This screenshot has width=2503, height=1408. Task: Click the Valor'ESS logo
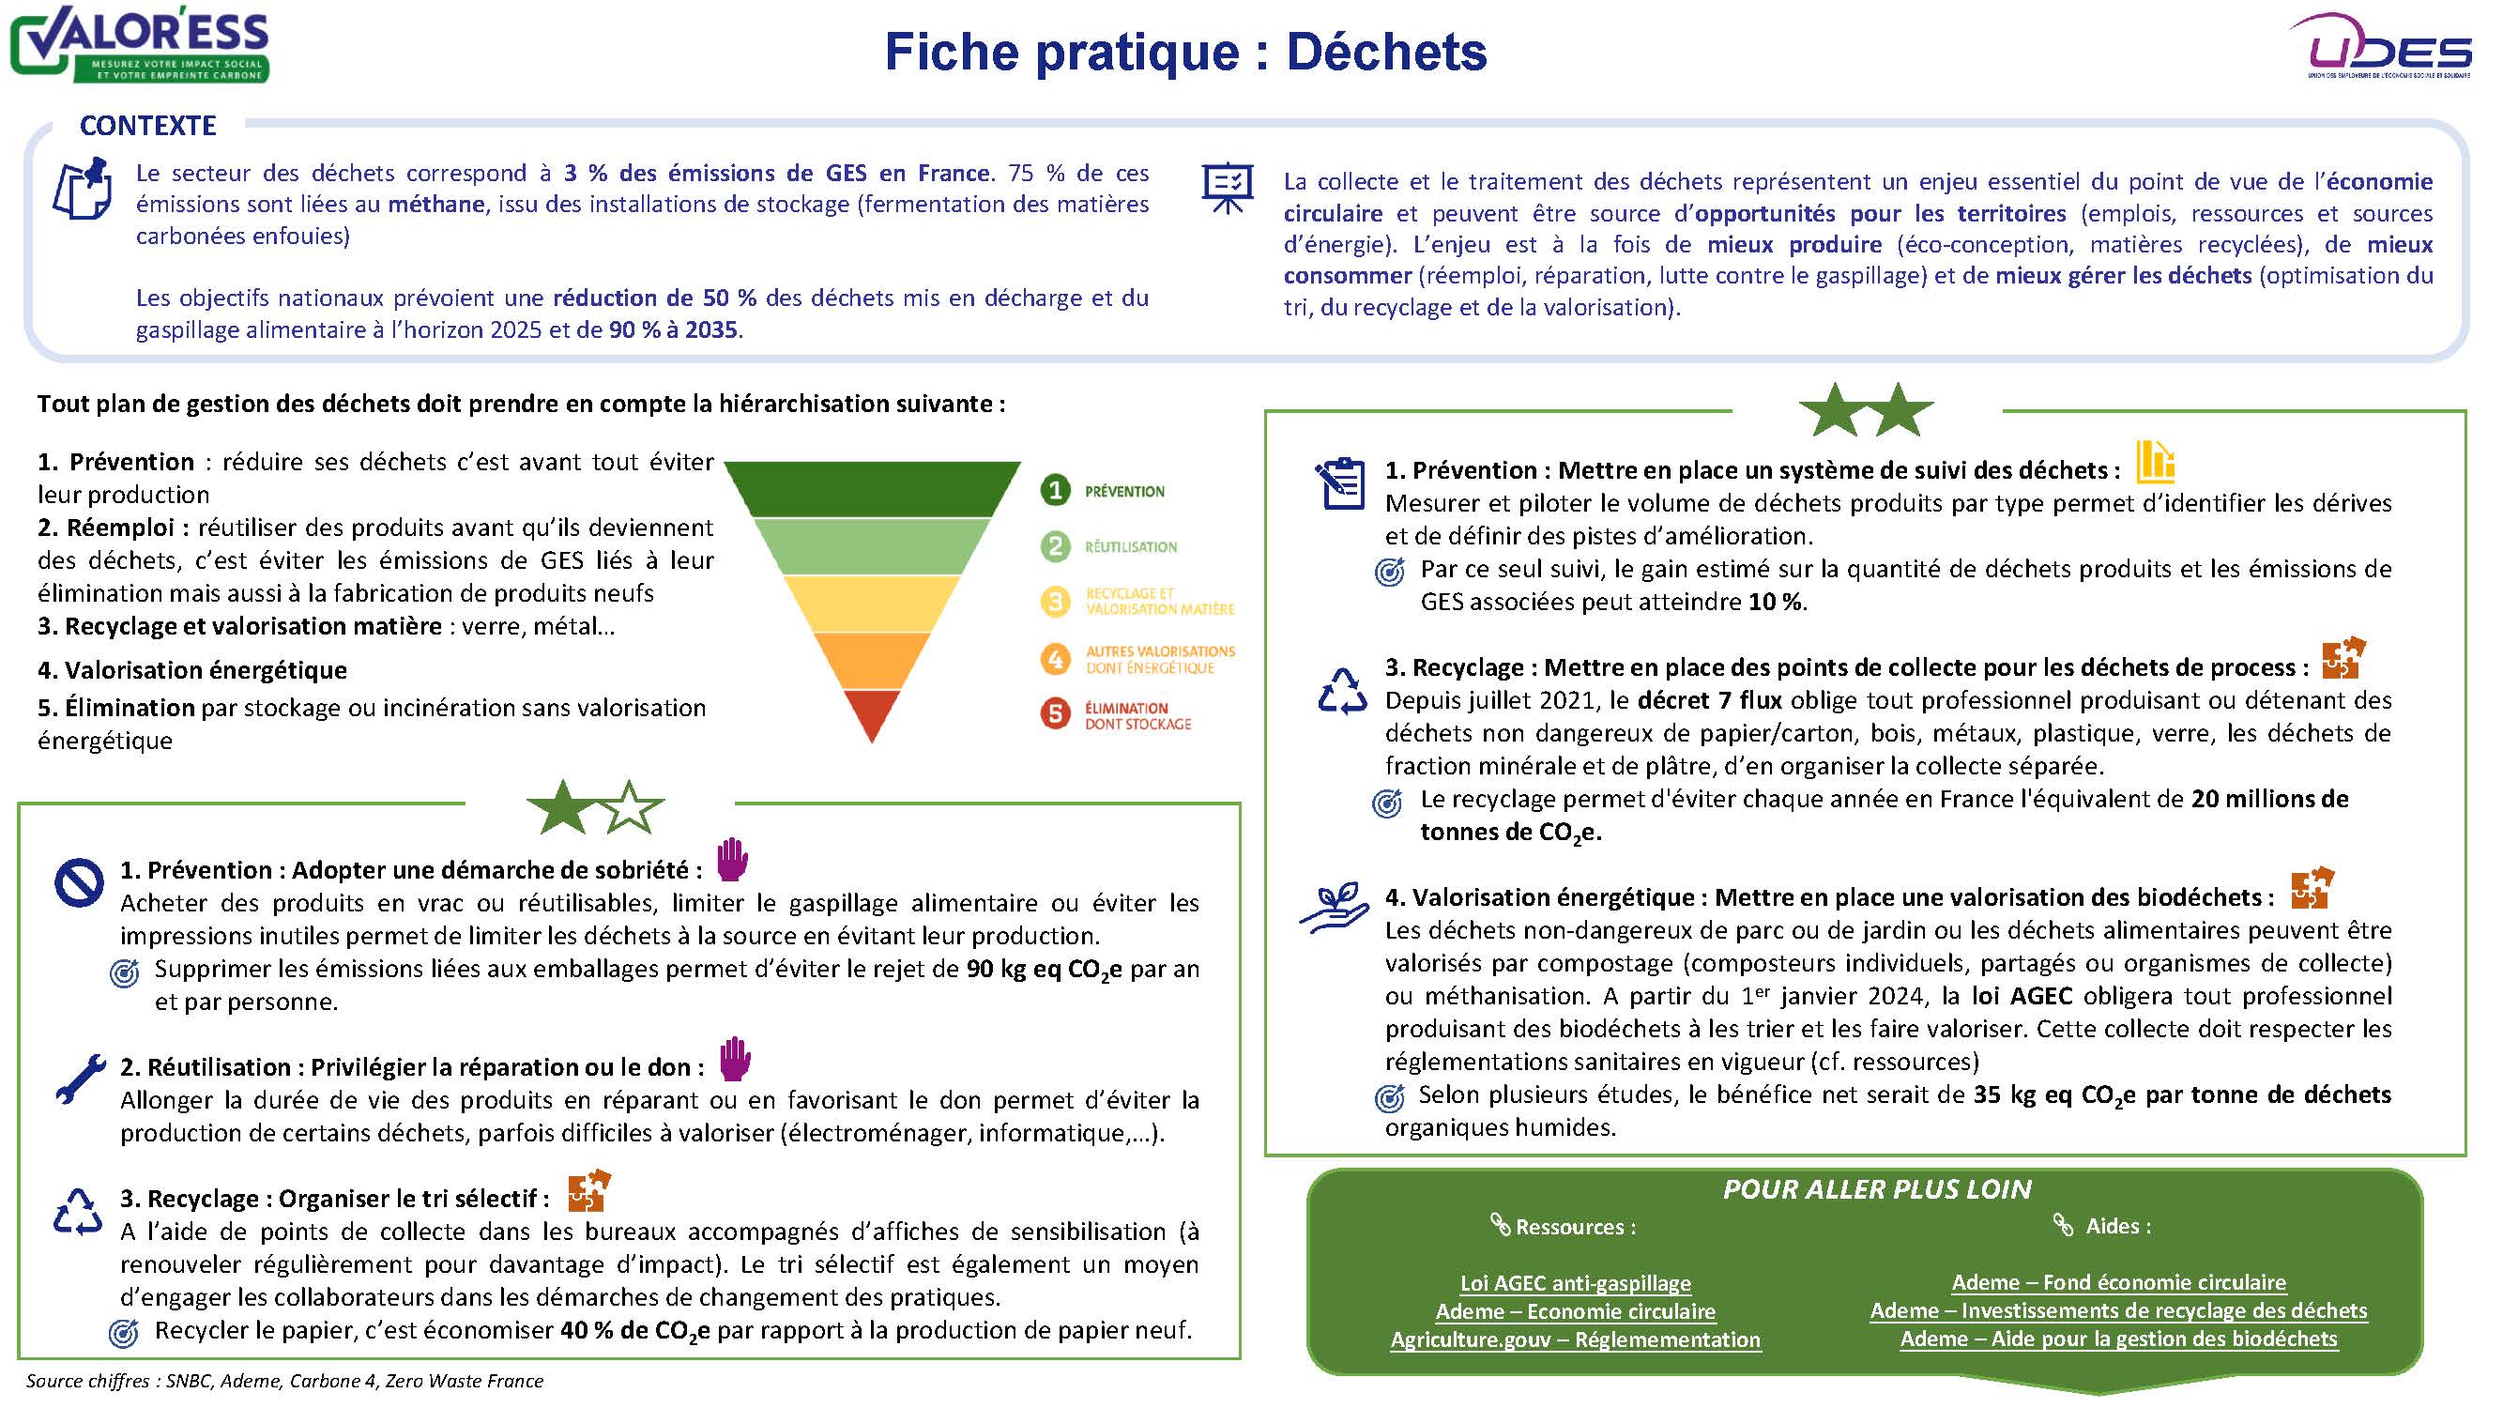click(x=140, y=45)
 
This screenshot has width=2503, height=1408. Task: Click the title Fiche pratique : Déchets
click(x=1184, y=53)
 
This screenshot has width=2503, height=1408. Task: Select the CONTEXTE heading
click(x=147, y=126)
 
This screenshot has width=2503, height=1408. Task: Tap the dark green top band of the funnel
click(x=872, y=489)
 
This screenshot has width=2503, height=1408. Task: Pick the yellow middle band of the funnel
click(x=872, y=604)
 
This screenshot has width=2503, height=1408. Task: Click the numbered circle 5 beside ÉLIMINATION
click(x=1055, y=714)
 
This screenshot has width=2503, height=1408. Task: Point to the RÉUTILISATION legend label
click(x=1130, y=547)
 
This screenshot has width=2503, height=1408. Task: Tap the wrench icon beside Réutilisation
click(x=80, y=1079)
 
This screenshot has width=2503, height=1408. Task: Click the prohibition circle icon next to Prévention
click(x=79, y=882)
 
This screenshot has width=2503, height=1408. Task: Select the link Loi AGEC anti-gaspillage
click(x=1575, y=1282)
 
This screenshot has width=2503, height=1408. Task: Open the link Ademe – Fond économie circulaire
click(x=2118, y=1281)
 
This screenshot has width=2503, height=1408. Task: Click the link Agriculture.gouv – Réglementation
click(x=1575, y=1339)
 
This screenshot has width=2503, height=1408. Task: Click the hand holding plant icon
click(x=1335, y=909)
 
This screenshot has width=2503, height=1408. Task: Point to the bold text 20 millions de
click(x=2268, y=799)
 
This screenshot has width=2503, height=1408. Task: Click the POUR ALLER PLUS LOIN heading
click(x=1876, y=1189)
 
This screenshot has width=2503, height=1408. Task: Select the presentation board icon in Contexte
click(x=1228, y=187)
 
